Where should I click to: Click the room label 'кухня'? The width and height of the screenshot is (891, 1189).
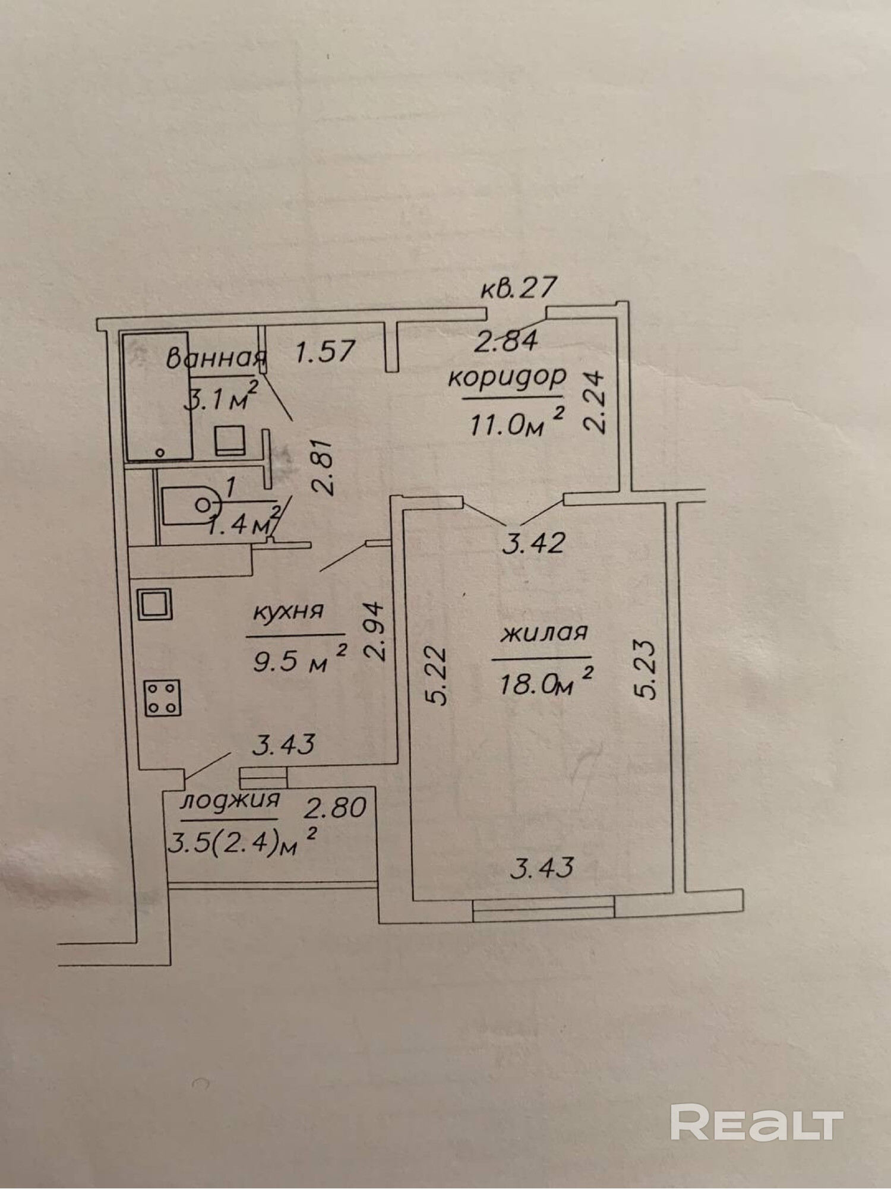tap(288, 611)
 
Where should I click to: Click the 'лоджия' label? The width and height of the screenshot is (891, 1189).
tap(230, 800)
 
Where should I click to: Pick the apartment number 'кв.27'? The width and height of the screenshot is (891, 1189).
tap(519, 289)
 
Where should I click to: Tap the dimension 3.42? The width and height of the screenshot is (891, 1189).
tap(532, 543)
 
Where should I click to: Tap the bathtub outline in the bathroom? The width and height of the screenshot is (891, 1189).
tap(157, 396)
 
